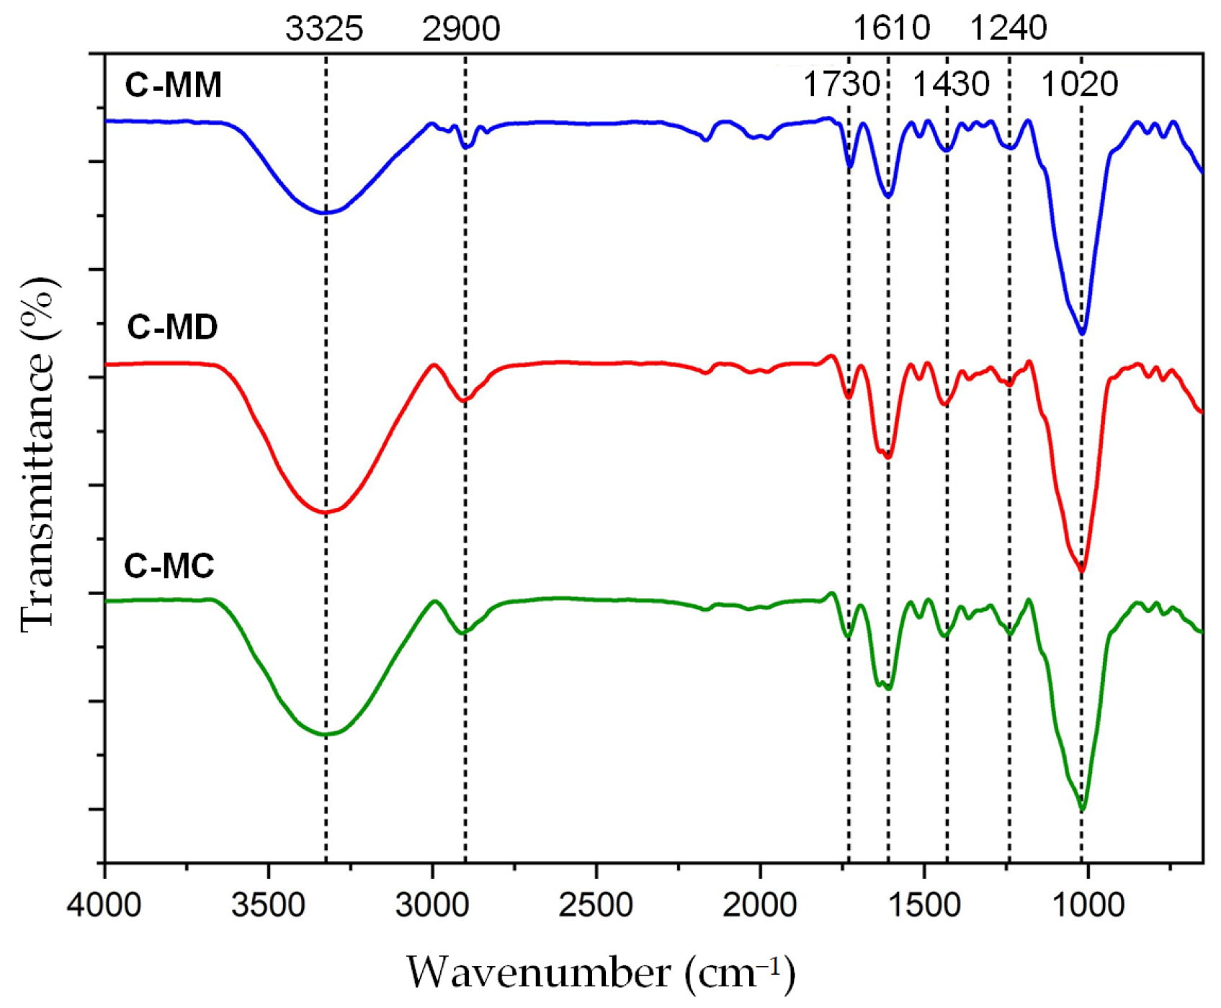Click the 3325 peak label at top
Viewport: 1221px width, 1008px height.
324,29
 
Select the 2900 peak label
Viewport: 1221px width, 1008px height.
461,29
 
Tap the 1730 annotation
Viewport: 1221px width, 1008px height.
841,84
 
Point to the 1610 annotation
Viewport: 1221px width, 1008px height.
892,29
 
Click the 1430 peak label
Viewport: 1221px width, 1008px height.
951,84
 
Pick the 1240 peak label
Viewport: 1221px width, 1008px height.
1008,29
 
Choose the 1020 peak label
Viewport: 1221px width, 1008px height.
1079,84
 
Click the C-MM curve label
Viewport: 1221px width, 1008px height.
173,85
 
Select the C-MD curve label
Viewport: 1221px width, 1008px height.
172,327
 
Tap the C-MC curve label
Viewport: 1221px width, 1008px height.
169,566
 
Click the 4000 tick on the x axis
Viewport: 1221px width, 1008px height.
104,905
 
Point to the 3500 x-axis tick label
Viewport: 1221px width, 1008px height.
268,905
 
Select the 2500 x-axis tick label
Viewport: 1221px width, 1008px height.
596,905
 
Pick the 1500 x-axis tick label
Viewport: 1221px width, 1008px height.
923,905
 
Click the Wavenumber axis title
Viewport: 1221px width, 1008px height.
601,973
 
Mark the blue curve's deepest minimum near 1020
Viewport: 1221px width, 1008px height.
1082,333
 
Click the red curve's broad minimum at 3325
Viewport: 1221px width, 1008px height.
325,512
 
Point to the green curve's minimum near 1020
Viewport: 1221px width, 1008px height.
1082,811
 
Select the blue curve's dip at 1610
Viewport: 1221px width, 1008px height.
888,197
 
